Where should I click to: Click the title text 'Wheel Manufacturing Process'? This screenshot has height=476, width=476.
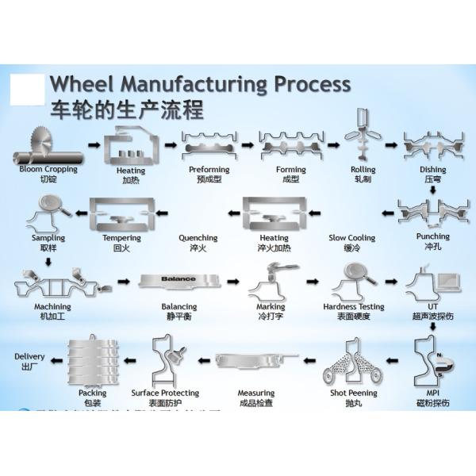coord(199,83)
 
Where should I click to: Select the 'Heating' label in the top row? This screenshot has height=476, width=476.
coord(132,170)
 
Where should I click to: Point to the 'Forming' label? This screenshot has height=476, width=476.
coord(290,170)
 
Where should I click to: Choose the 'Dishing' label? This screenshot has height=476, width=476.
coord(432,170)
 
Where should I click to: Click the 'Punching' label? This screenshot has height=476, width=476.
coord(432,236)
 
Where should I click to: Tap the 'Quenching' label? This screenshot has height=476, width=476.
coord(198,237)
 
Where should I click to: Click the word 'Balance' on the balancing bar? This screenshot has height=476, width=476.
coord(178,280)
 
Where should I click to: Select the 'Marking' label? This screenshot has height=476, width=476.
coord(271,306)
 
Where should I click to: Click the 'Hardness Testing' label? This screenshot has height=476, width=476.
coord(354,306)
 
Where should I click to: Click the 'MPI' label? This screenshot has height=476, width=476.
coord(432,391)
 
